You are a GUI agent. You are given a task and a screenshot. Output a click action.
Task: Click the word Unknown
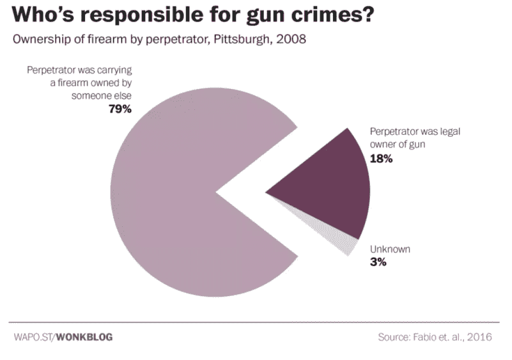(x=391, y=249)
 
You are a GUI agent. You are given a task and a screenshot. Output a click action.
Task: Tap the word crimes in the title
(x=338, y=15)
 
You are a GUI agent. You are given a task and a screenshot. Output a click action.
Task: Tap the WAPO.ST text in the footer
(x=33, y=336)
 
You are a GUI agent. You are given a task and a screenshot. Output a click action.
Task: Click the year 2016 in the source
(x=479, y=336)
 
